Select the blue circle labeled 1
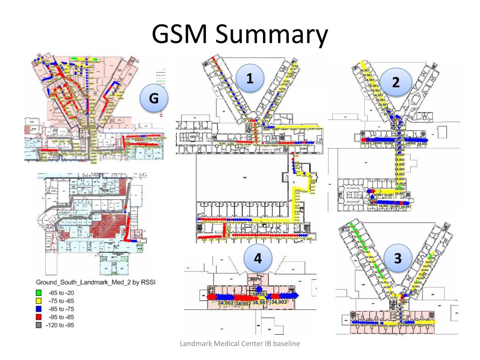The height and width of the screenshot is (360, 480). [250, 79]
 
